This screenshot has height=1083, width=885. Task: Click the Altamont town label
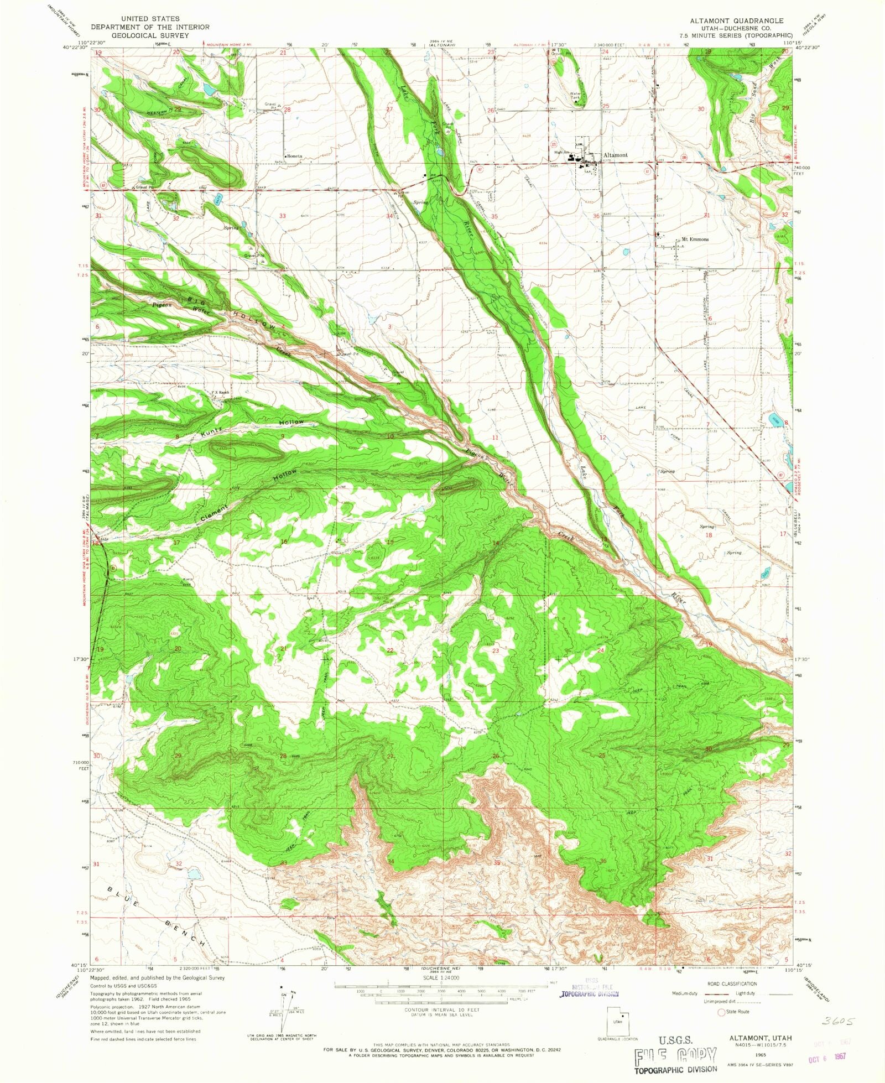tap(615, 155)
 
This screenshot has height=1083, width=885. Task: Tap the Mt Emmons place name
tap(695, 239)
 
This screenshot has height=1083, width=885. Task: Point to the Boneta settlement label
tap(294, 157)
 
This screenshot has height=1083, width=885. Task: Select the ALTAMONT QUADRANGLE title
tap(736, 20)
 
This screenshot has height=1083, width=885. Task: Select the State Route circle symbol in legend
tap(721, 1012)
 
